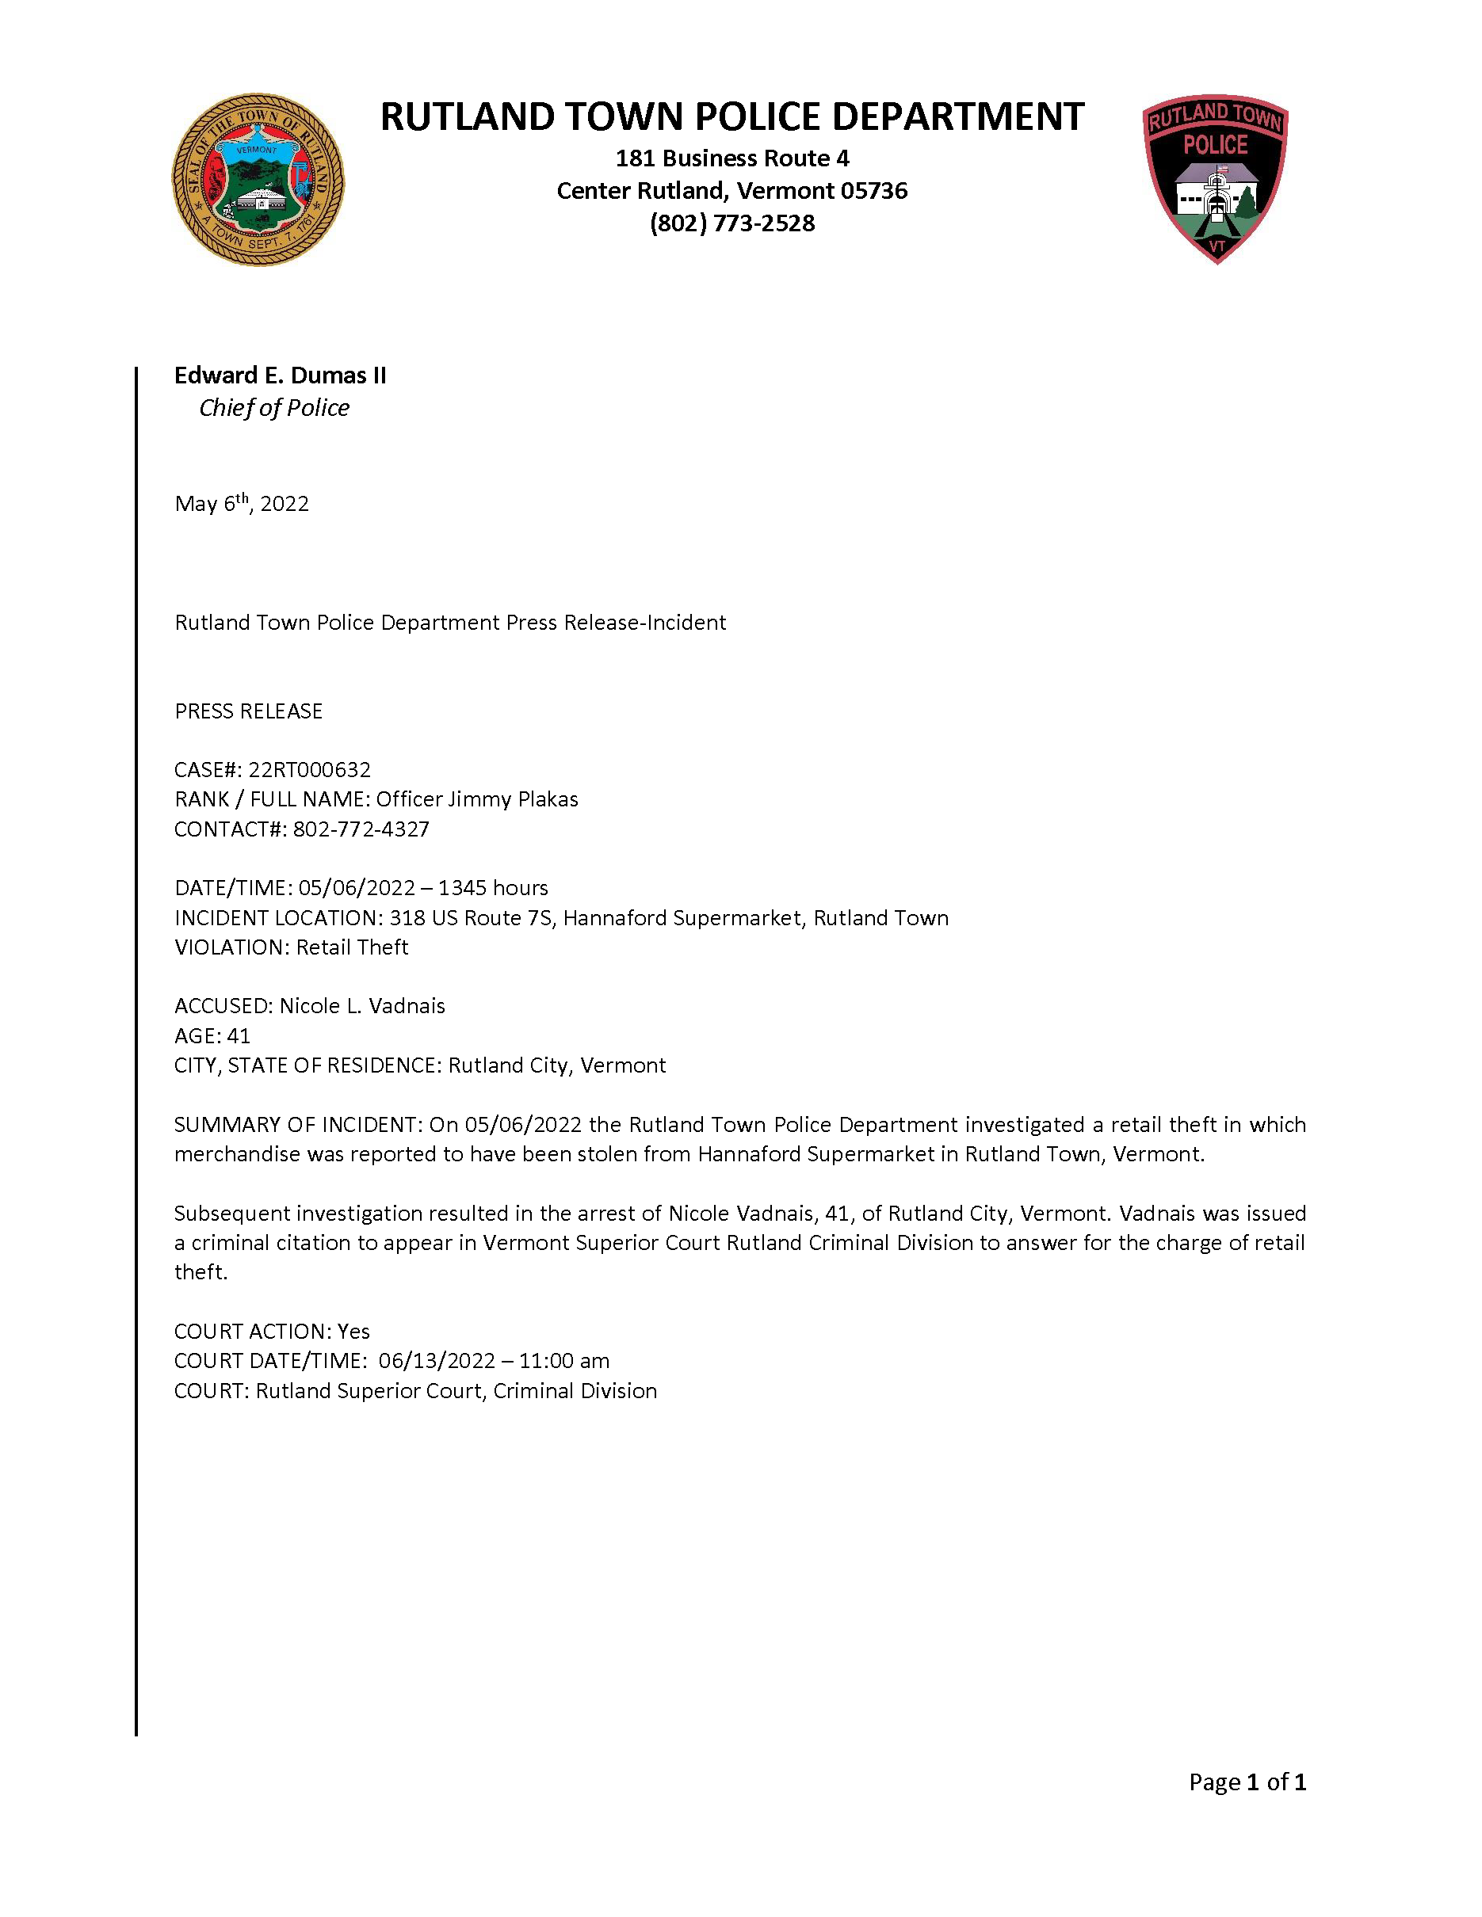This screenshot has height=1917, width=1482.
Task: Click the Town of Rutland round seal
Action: pyautogui.click(x=258, y=180)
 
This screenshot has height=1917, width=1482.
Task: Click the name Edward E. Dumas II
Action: pyautogui.click(x=280, y=375)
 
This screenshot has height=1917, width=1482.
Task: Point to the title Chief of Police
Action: pyautogui.click(x=274, y=408)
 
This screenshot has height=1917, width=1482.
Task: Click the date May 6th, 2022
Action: pyautogui.click(x=242, y=504)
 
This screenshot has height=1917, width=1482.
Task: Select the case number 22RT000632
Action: pyautogui.click(x=309, y=770)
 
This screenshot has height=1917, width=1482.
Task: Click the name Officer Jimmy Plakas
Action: pyautogui.click(x=477, y=799)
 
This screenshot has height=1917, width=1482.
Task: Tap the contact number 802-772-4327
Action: pyautogui.click(x=361, y=829)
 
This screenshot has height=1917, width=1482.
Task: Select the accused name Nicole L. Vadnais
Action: pyautogui.click(x=361, y=1006)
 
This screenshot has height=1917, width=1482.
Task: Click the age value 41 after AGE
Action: pyautogui.click(x=238, y=1036)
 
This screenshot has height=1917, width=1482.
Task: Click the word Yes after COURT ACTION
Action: pyautogui.click(x=353, y=1332)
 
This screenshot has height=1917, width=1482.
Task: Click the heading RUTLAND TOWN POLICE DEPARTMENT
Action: pyautogui.click(x=732, y=116)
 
